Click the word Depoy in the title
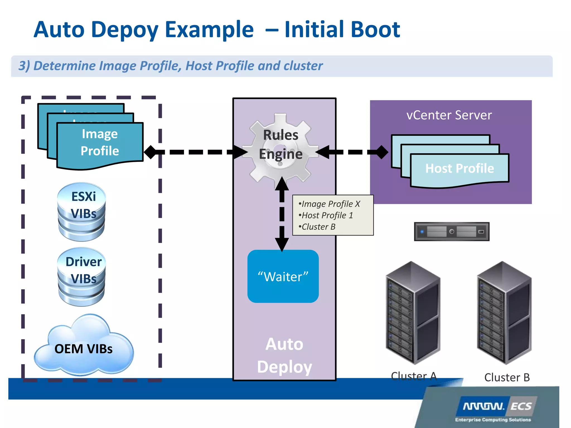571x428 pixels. (x=125, y=30)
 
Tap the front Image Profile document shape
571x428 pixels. (x=100, y=145)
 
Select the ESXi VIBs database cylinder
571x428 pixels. (x=82, y=212)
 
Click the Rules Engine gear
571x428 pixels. (x=280, y=148)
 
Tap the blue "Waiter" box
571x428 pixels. (x=283, y=276)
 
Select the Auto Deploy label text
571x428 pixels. (x=284, y=355)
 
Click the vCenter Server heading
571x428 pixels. (x=449, y=115)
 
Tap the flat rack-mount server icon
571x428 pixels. (x=452, y=232)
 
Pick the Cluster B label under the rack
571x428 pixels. (x=507, y=378)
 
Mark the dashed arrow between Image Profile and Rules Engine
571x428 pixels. (x=195, y=152)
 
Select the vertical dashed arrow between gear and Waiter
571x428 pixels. (x=282, y=215)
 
